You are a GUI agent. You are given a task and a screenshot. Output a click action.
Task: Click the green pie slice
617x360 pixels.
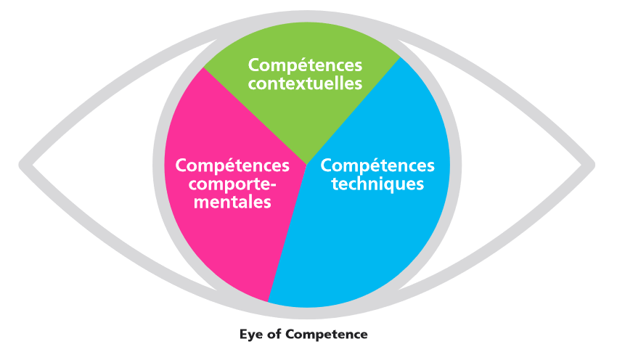coord(305,116)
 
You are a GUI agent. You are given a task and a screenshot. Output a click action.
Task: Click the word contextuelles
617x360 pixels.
coord(305,83)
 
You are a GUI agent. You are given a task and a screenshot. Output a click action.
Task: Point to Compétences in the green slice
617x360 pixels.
coord(305,65)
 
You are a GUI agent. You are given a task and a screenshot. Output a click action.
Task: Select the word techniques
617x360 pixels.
coord(377,184)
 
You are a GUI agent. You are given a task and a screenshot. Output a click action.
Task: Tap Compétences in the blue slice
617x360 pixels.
coord(377,165)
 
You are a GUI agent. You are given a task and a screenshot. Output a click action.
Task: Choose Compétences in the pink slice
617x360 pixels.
coord(233,165)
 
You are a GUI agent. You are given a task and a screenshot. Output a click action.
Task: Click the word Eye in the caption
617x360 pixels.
coord(251,335)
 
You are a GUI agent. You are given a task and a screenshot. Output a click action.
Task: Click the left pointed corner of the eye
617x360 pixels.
coord(24,163)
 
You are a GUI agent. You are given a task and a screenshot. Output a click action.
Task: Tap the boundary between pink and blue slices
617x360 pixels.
coord(288,232)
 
